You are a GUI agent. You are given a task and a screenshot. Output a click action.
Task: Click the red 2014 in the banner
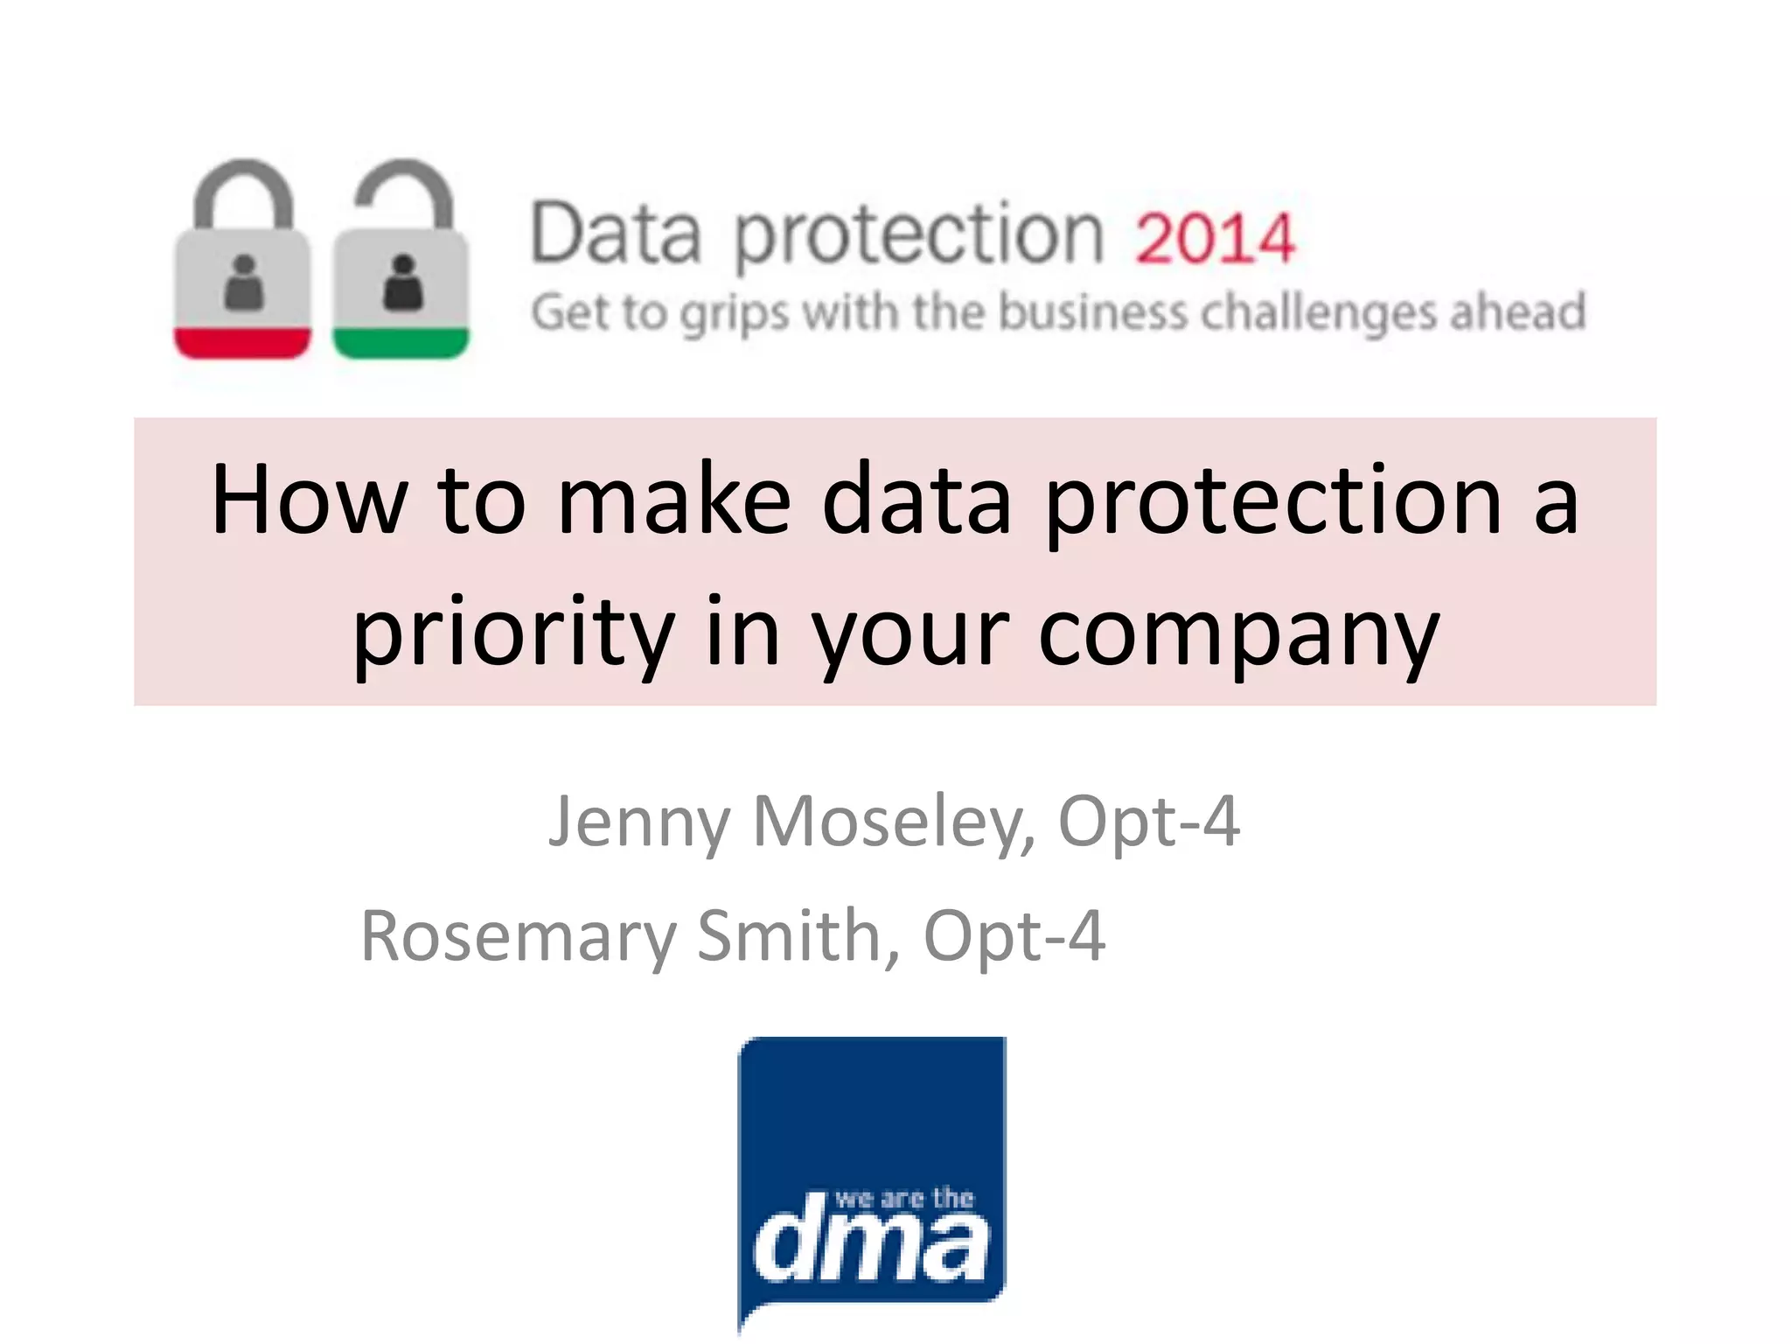tap(1215, 238)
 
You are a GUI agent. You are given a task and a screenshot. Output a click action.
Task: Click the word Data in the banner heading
tap(617, 234)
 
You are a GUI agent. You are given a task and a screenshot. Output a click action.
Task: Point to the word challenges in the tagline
tap(1318, 313)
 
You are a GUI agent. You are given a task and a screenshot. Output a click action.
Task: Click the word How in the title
tap(309, 500)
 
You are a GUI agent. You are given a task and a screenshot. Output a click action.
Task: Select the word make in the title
tap(674, 500)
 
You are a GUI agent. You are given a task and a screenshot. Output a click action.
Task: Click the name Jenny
tap(638, 822)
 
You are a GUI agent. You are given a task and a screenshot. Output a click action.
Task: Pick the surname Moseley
tap(894, 822)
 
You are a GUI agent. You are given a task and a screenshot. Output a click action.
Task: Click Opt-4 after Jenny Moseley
tap(1149, 822)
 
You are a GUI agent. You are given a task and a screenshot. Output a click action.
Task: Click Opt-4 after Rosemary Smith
tap(1014, 936)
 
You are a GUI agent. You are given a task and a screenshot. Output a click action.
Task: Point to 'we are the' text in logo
tap(904, 1198)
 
